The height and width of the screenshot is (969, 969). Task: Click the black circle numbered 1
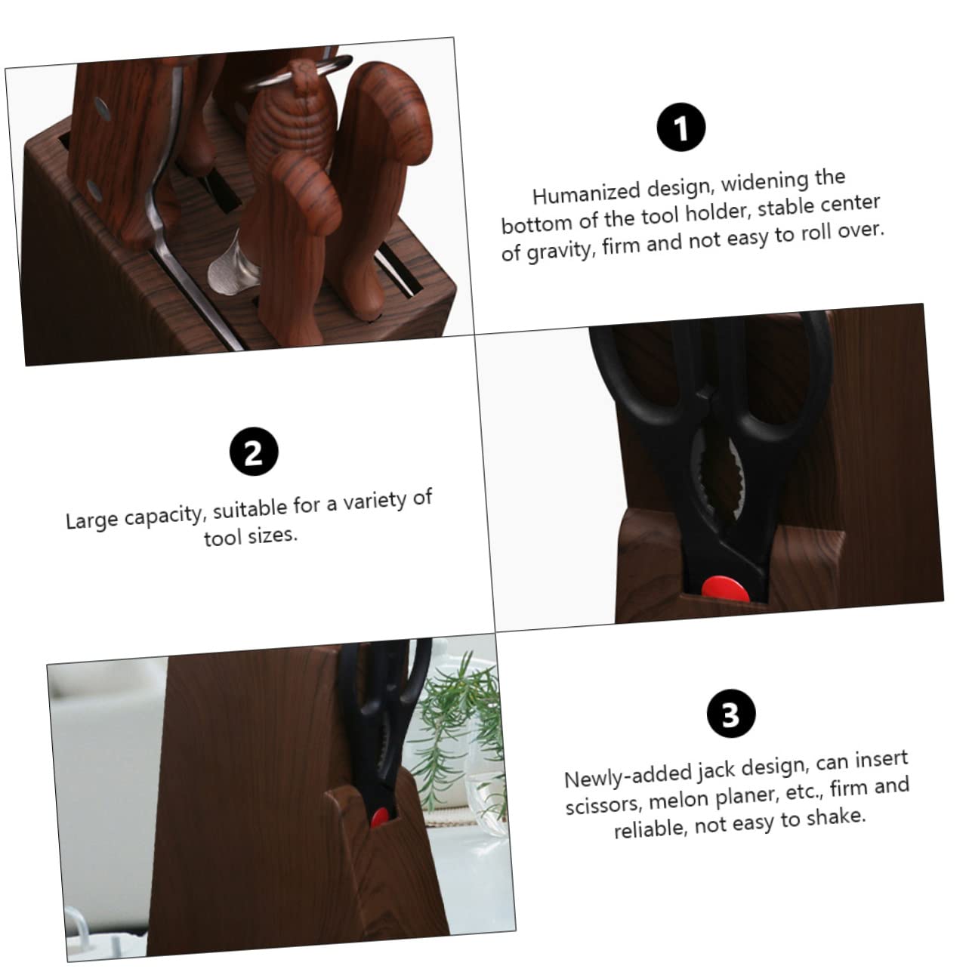point(680,127)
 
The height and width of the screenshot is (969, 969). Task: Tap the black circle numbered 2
point(254,451)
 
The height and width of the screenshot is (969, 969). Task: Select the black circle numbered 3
point(730,713)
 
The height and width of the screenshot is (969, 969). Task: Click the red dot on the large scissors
point(724,588)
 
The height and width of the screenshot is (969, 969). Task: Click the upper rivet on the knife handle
point(103,109)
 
